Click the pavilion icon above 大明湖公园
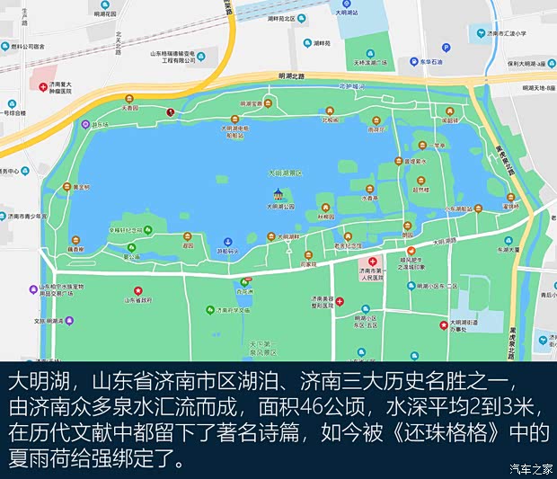pyautogui.click(x=279, y=194)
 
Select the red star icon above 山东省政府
pyautogui.click(x=137, y=289)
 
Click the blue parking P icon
pyautogui.click(x=445, y=49)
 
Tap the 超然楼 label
pyautogui.click(x=420, y=191)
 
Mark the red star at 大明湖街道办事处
pyautogui.click(x=443, y=324)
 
